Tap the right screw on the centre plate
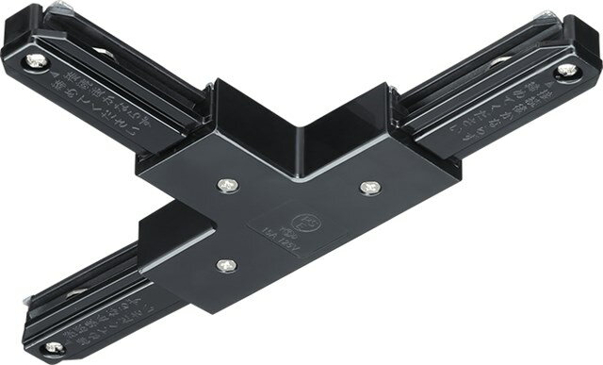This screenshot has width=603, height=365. (x=367, y=188)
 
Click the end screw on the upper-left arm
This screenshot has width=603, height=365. (x=39, y=61)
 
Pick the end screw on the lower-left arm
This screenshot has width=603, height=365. (x=53, y=347)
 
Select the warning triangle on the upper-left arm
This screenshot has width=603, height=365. (x=54, y=83)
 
